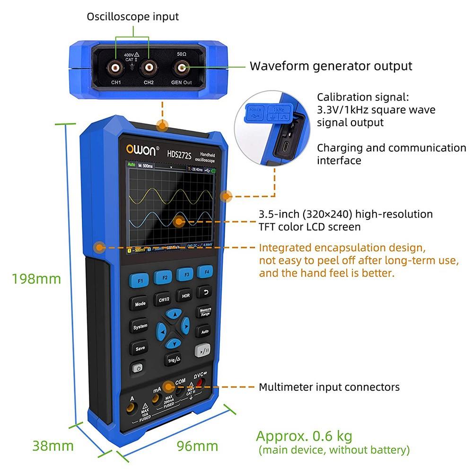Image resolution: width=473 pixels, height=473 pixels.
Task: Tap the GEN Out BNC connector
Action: coord(181,69)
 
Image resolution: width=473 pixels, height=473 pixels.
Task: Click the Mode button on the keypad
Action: coord(140,304)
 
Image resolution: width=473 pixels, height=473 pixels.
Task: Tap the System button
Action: coord(140,326)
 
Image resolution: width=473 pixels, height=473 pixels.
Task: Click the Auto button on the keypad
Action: coord(204,332)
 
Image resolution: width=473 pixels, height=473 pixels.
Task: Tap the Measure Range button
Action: coord(205,312)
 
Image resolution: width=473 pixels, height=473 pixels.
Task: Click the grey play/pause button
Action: coord(201,352)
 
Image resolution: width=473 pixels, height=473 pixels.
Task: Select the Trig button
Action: coord(174,360)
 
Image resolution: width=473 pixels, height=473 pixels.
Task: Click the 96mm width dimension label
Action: coord(197,446)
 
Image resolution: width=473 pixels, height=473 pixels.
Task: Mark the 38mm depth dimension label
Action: coord(53,446)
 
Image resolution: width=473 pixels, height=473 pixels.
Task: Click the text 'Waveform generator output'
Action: coord(331,66)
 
